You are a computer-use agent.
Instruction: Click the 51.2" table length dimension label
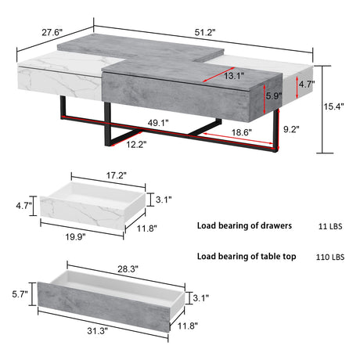pyautogui.click(x=205, y=32)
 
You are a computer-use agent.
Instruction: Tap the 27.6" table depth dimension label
pyautogui.click(x=52, y=32)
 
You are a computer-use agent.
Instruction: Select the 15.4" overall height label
pyautogui.click(x=333, y=106)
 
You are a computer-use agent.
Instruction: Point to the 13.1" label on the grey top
pyautogui.click(x=234, y=76)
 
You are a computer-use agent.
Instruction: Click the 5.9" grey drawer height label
pyautogui.click(x=274, y=96)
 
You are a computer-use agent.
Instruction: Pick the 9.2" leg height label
pyautogui.click(x=291, y=129)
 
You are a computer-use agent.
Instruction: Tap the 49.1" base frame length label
pyautogui.click(x=158, y=123)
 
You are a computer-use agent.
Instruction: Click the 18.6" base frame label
pyautogui.click(x=242, y=132)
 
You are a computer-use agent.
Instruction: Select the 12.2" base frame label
pyautogui.click(x=136, y=144)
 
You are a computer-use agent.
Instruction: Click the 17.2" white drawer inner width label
pyautogui.click(x=116, y=175)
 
